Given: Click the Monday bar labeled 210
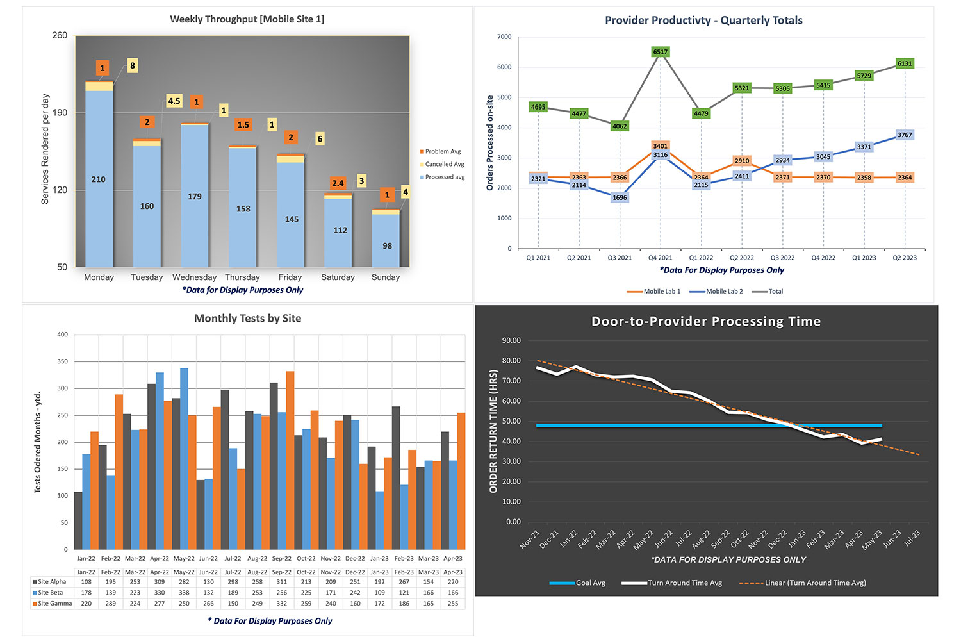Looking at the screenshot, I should [99, 179].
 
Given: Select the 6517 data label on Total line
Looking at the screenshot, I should [660, 52].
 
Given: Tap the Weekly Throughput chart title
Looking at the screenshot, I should [247, 19].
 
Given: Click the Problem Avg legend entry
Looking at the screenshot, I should [442, 151].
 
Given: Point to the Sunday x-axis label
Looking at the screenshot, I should [385, 277].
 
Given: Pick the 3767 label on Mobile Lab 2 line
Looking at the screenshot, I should [905, 135].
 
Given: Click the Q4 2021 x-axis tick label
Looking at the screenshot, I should [660, 258].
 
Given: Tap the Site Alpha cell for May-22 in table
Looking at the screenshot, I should [184, 582].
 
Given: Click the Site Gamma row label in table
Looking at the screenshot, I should [54, 604].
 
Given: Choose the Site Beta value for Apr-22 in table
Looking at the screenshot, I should [160, 593].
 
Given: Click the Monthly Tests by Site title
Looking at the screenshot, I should [247, 318].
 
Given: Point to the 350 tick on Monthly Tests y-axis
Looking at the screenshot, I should [62, 361].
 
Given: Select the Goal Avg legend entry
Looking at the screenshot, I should [589, 583].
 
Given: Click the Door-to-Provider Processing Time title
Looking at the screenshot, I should [705, 322].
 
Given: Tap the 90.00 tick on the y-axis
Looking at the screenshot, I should [511, 340].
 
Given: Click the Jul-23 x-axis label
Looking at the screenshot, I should [912, 538].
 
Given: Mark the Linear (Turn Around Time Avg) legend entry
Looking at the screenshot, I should [814, 583].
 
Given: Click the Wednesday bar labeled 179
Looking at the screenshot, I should [195, 197].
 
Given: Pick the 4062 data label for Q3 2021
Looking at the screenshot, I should [620, 126].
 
